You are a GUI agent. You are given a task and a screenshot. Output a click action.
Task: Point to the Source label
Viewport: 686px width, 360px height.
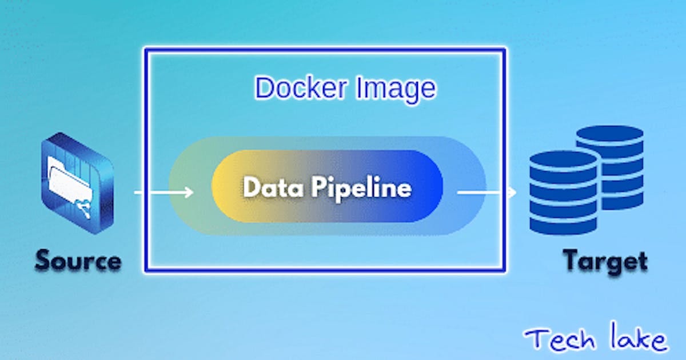78,261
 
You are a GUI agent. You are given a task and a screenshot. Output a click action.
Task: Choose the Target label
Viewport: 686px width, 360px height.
605,261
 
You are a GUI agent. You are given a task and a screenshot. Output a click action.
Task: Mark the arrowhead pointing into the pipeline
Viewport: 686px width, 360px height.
188,193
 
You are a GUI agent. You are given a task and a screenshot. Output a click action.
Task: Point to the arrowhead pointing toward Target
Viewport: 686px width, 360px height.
511,193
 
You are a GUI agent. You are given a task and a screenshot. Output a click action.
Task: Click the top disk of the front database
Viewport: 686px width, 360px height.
564,160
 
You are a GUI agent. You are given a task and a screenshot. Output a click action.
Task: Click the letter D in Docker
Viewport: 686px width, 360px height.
264,89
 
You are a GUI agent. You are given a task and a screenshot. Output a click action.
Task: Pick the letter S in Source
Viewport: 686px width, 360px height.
43,261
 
